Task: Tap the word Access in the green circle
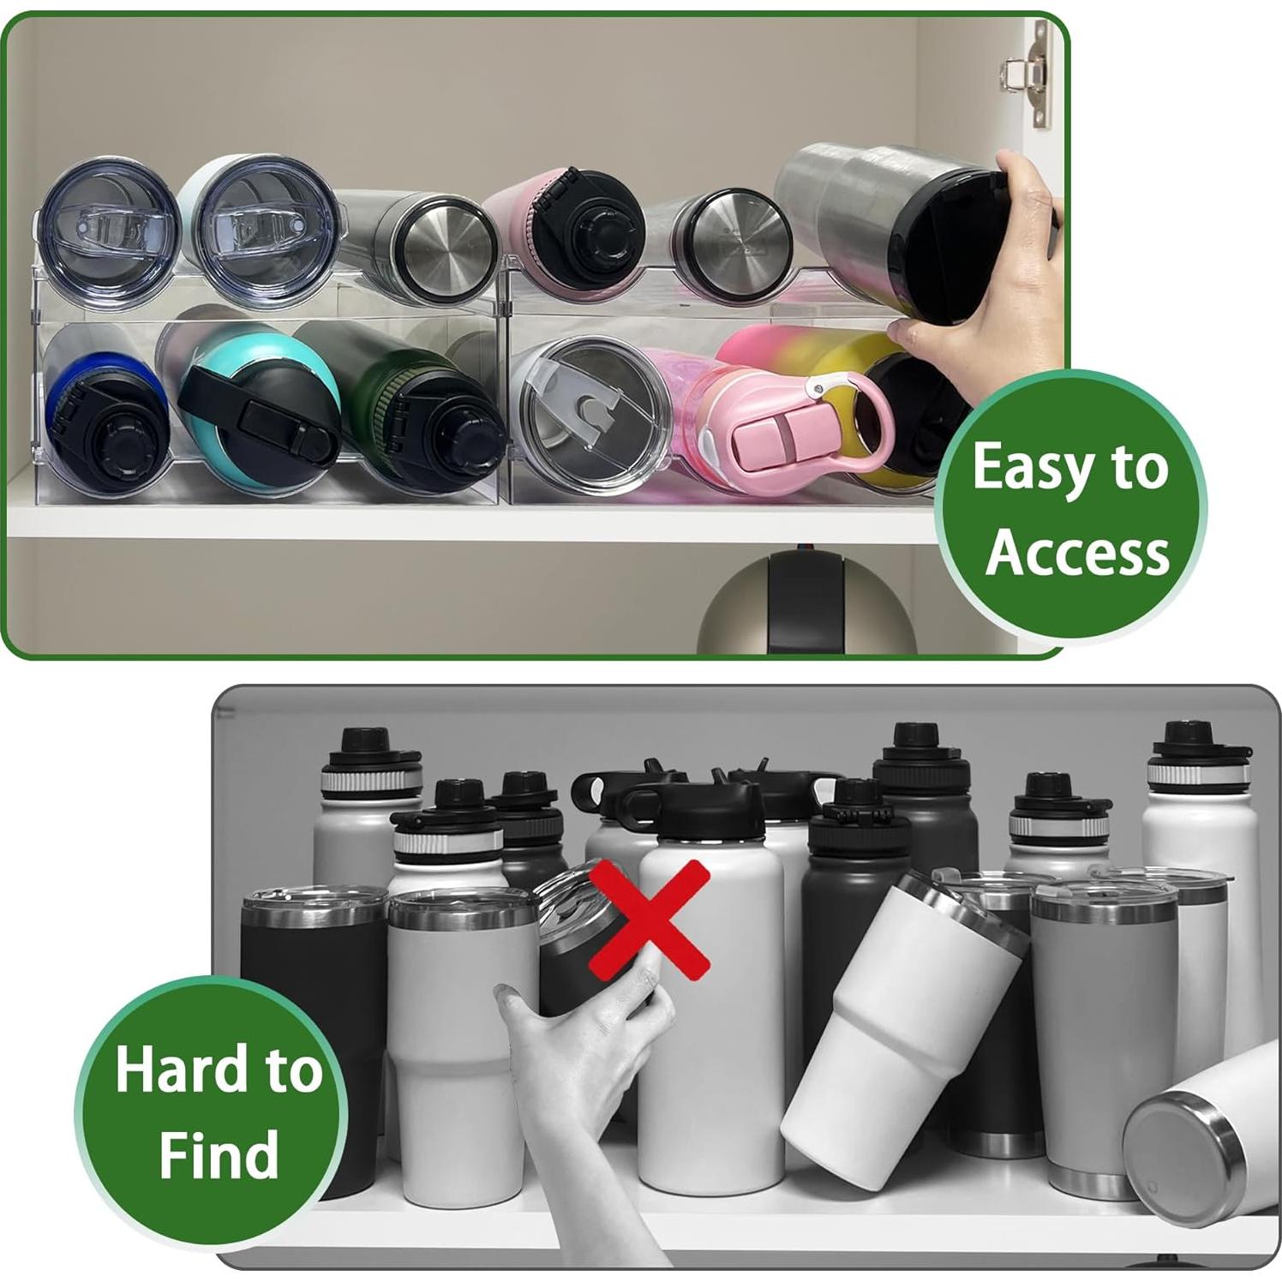click(x=1076, y=553)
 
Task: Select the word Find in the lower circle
click(x=219, y=1155)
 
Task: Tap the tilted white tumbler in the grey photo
click(x=900, y=1028)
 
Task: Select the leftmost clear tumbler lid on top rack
click(x=107, y=231)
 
